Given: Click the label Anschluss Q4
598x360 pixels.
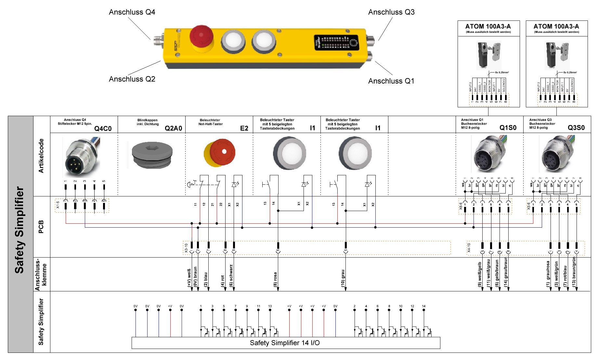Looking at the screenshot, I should click(x=132, y=12).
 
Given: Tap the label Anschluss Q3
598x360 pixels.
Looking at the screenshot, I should click(x=391, y=12).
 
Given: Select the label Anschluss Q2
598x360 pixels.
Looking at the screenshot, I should click(x=132, y=79).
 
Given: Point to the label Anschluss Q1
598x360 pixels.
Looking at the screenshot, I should click(x=391, y=81).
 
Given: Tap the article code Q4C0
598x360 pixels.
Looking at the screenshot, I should click(x=103, y=129).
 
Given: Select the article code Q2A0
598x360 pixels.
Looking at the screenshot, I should click(x=173, y=128).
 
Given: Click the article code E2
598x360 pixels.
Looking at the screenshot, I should click(x=244, y=128).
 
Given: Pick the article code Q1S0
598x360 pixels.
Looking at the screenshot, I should click(x=508, y=128).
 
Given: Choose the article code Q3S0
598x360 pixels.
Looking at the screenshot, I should click(x=576, y=128).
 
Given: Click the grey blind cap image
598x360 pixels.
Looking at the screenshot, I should click(x=152, y=155).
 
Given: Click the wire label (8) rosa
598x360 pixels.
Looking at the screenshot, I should click(x=275, y=279).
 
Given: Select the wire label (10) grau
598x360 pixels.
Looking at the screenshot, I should click(x=343, y=278).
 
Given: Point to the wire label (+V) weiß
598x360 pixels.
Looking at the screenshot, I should click(x=189, y=277).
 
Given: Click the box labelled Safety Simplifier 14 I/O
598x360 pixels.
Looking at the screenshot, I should click(x=285, y=343).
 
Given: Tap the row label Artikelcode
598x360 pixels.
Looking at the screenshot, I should click(x=41, y=156).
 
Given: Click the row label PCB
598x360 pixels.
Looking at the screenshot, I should click(x=41, y=227).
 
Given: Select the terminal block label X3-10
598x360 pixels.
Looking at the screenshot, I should click(x=186, y=248).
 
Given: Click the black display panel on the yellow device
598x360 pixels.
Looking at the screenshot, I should click(x=336, y=43).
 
